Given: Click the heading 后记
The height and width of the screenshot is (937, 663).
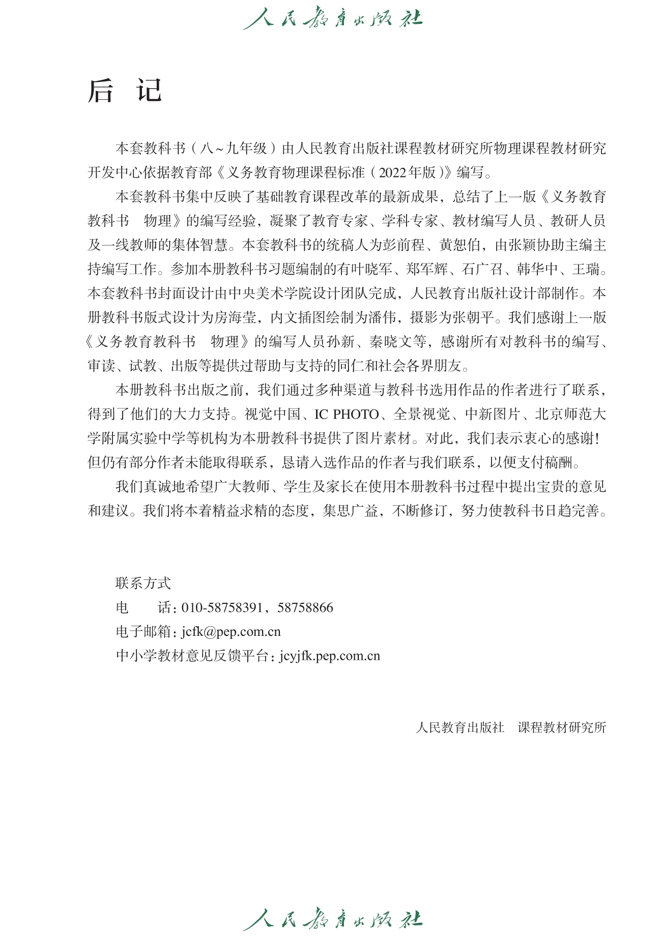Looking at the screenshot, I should (125, 92).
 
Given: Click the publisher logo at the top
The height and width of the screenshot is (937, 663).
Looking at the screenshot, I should (332, 18).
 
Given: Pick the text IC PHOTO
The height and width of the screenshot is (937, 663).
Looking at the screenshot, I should (347, 414).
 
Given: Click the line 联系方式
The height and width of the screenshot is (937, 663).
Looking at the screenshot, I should (143, 583).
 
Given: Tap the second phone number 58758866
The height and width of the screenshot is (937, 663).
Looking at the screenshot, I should (305, 607).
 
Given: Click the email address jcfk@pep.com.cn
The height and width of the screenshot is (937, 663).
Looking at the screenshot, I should (231, 632).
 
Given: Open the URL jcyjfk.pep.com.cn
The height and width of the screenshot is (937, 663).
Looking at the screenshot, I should (330, 656).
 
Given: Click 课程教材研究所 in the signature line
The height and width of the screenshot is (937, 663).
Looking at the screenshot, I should (562, 727).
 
